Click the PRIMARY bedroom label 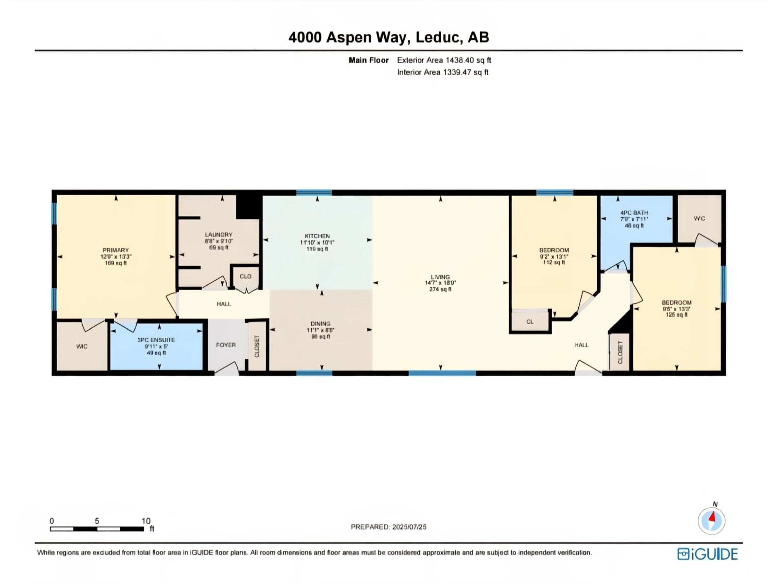pyautogui.click(x=116, y=250)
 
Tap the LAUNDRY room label pyautogui.click(x=219, y=234)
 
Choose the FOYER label pyautogui.click(x=226, y=345)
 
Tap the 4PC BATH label pyautogui.click(x=634, y=213)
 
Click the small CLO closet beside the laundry pyautogui.click(x=246, y=276)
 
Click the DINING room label pyautogui.click(x=320, y=323)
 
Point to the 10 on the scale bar pyautogui.click(x=146, y=521)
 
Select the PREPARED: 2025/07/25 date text pyautogui.click(x=388, y=527)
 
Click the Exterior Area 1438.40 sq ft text pyautogui.click(x=444, y=60)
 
